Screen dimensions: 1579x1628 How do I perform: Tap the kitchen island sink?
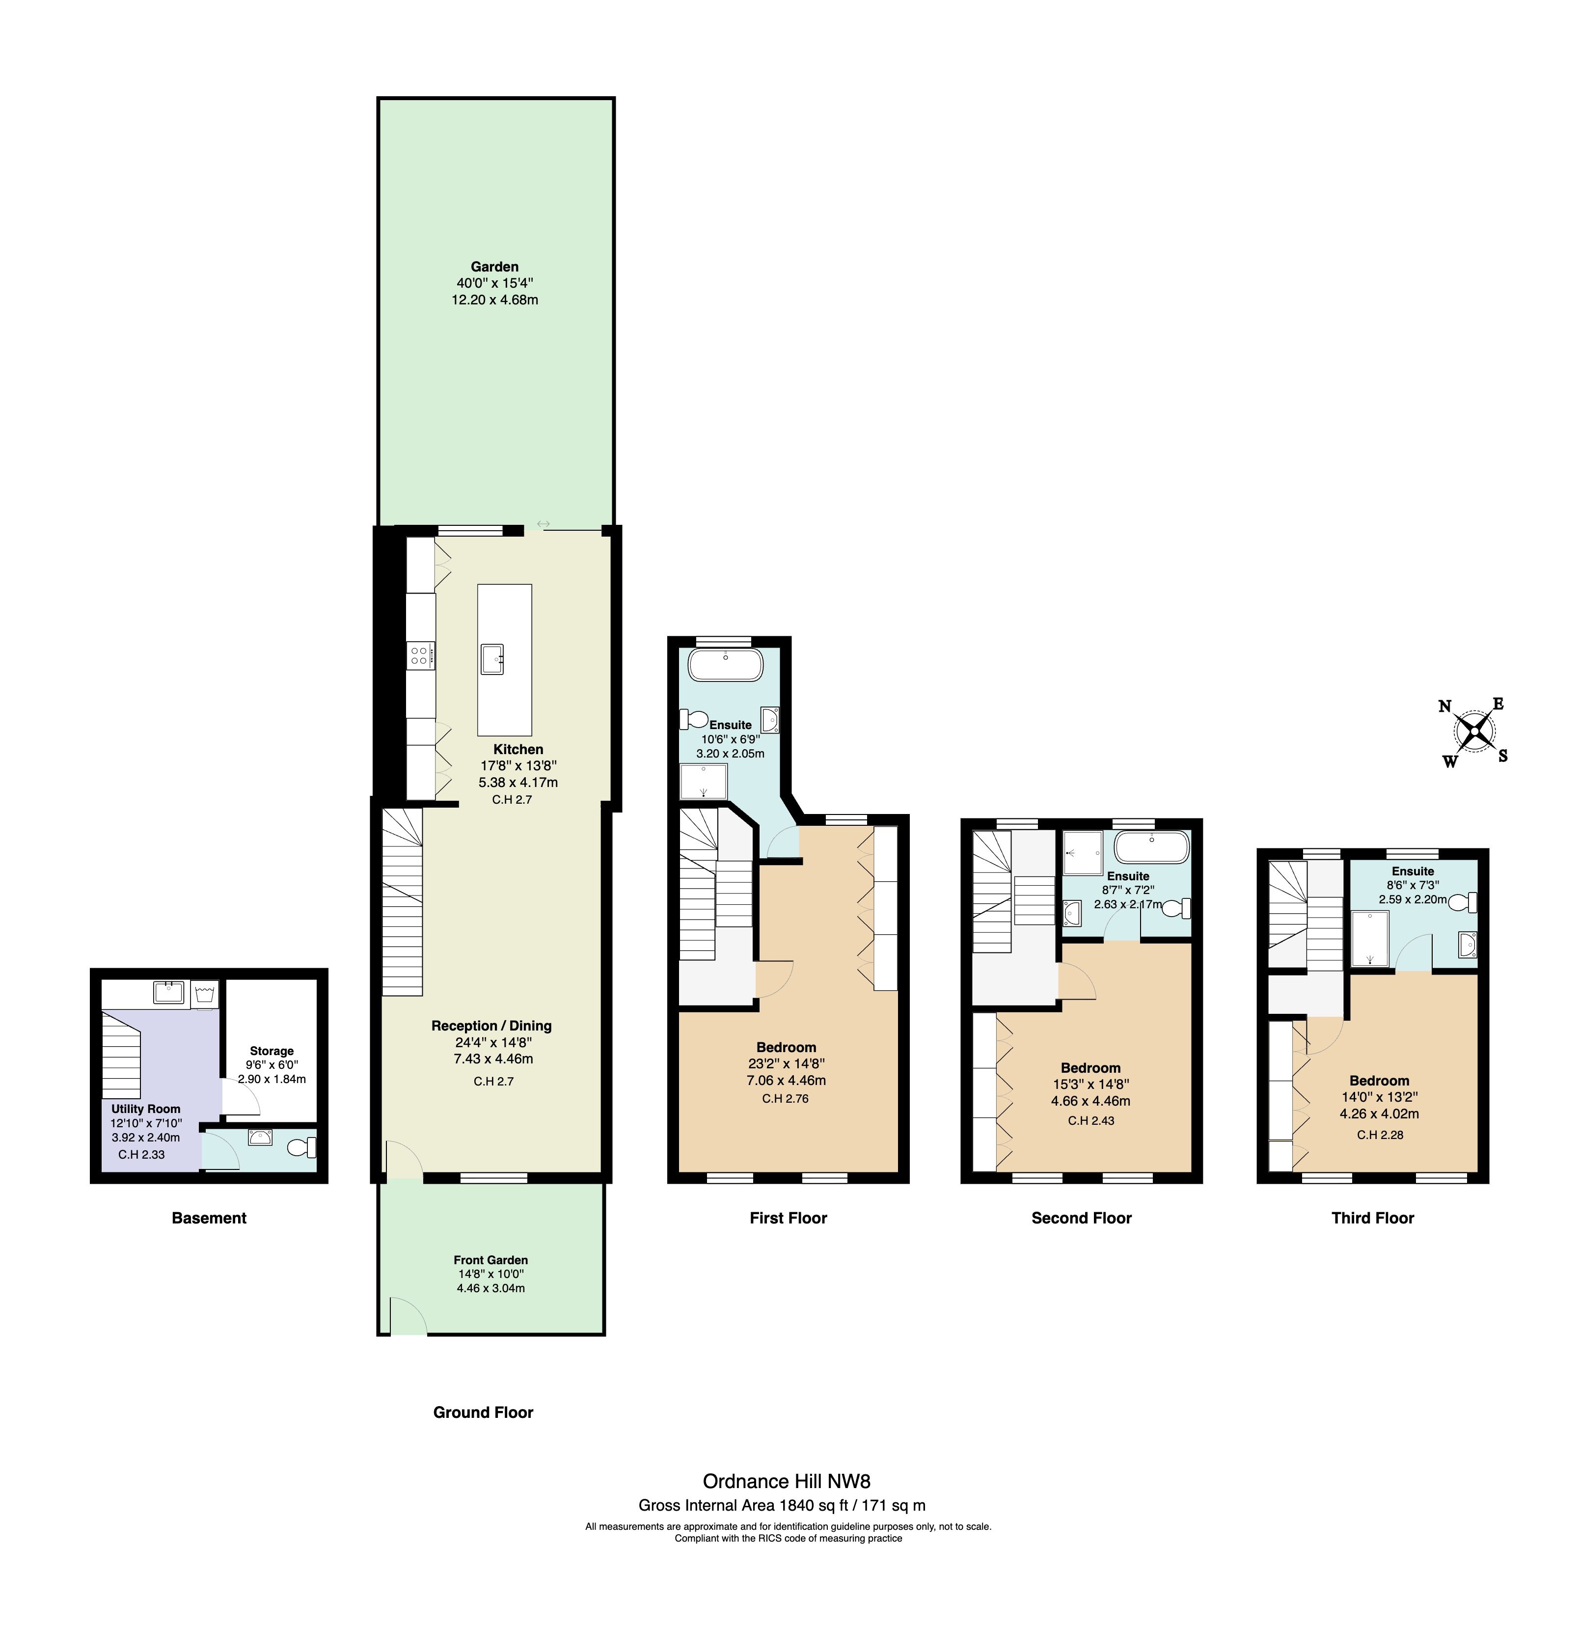pyautogui.click(x=492, y=659)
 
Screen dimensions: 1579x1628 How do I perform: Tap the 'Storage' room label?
pyautogui.click(x=272, y=1051)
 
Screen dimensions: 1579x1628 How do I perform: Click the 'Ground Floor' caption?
pyautogui.click(x=484, y=1412)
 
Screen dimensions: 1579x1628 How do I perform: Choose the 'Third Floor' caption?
pyautogui.click(x=1372, y=1218)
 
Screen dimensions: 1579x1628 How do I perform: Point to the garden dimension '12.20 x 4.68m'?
pyautogui.click(x=495, y=300)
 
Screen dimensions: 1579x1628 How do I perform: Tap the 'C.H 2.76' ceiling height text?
pyautogui.click(x=785, y=1098)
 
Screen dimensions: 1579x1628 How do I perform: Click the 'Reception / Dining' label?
pyautogui.click(x=491, y=1026)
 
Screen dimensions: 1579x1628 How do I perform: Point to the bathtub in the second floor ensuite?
pyautogui.click(x=1151, y=848)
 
